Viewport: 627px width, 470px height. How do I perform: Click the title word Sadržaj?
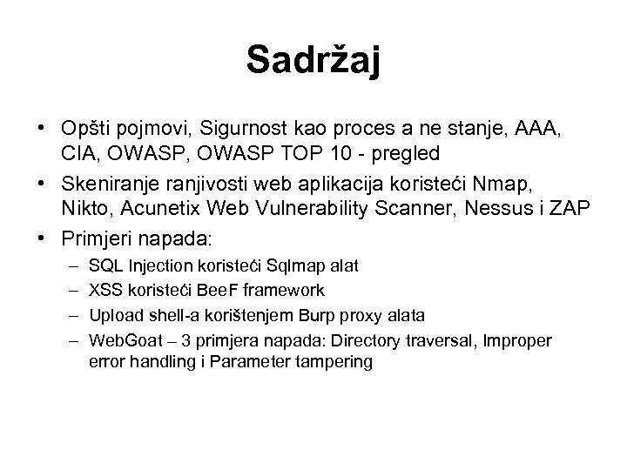(313, 59)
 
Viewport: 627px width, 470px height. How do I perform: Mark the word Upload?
(111, 313)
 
